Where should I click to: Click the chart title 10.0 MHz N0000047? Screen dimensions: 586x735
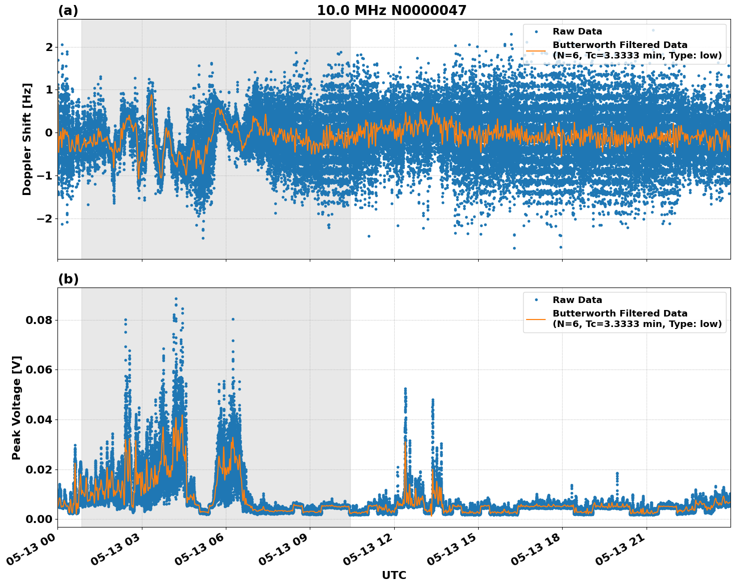coord(391,10)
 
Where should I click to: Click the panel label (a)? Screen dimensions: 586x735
coord(68,10)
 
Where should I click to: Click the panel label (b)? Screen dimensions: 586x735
coord(68,279)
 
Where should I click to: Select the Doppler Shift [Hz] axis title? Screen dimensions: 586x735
coord(27,139)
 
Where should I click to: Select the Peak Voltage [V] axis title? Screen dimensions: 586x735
coord(16,407)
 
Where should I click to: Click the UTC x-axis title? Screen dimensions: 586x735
coord(394,575)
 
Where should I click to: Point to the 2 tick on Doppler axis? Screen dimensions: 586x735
coord(49,47)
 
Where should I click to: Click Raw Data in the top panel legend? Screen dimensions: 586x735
coord(577,31)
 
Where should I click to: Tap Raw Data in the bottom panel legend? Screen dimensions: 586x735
coord(577,300)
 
